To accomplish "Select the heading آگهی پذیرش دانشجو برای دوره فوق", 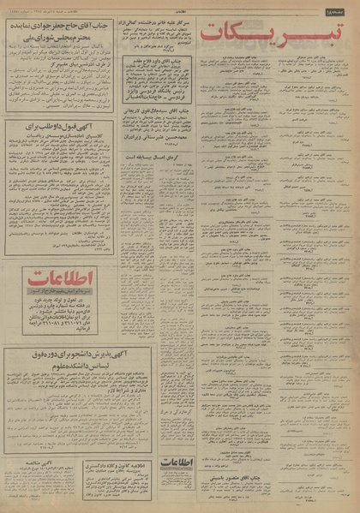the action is pos(57,375).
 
